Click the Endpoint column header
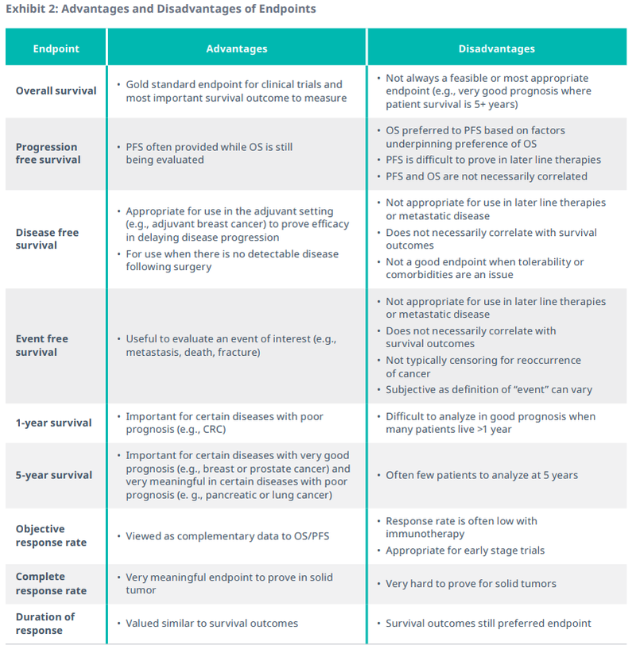pyautogui.click(x=56, y=48)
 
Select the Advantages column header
pyautogui.click(x=236, y=48)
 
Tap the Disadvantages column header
pyautogui.click(x=496, y=48)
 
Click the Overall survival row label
pyautogui.click(x=56, y=91)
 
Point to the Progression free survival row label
pyautogui.click(x=47, y=153)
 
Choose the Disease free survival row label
pyautogui.click(x=48, y=239)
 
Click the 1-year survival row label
pyautogui.click(x=53, y=423)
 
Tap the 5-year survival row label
pyautogui.click(x=54, y=475)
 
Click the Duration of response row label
pyautogui.click(x=45, y=624)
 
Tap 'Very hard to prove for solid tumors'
pyautogui.click(x=471, y=584)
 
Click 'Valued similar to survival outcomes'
pyautogui.click(x=211, y=624)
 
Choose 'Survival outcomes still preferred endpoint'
pyautogui.click(x=488, y=624)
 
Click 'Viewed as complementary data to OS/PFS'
pyautogui.click(x=227, y=536)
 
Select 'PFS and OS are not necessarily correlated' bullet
pyautogui.click(x=487, y=176)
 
